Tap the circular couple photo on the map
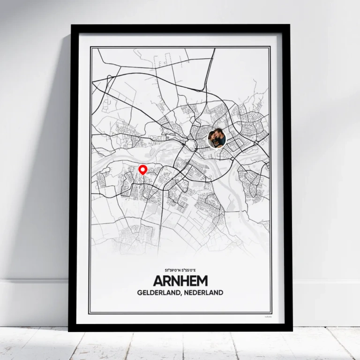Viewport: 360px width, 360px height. (x=217, y=138)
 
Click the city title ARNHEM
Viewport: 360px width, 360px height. (x=180, y=281)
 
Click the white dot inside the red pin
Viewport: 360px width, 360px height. (x=143, y=168)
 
